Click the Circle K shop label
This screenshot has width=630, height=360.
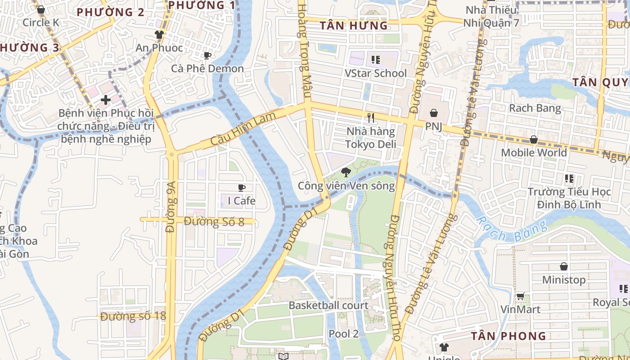[40, 22]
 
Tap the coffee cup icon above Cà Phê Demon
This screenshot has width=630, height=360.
[207, 56]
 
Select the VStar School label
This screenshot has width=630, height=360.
[375, 73]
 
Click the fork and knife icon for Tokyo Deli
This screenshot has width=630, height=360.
[371, 118]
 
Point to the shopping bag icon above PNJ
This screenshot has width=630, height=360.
[434, 113]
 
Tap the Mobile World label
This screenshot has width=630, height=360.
[534, 153]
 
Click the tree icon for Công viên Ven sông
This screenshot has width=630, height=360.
[346, 172]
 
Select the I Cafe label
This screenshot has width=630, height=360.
[241, 201]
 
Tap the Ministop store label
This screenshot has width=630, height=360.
[563, 280]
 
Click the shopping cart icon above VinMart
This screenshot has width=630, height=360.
[520, 296]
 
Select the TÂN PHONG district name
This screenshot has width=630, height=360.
[508, 336]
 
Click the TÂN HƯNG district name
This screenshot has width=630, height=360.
[354, 26]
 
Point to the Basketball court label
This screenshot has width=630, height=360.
[328, 306]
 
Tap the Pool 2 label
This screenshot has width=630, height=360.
[343, 334]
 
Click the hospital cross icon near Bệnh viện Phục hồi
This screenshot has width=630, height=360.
[106, 99]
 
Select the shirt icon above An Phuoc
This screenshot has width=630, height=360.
[159, 34]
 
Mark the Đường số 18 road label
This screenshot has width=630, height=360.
[133, 316]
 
